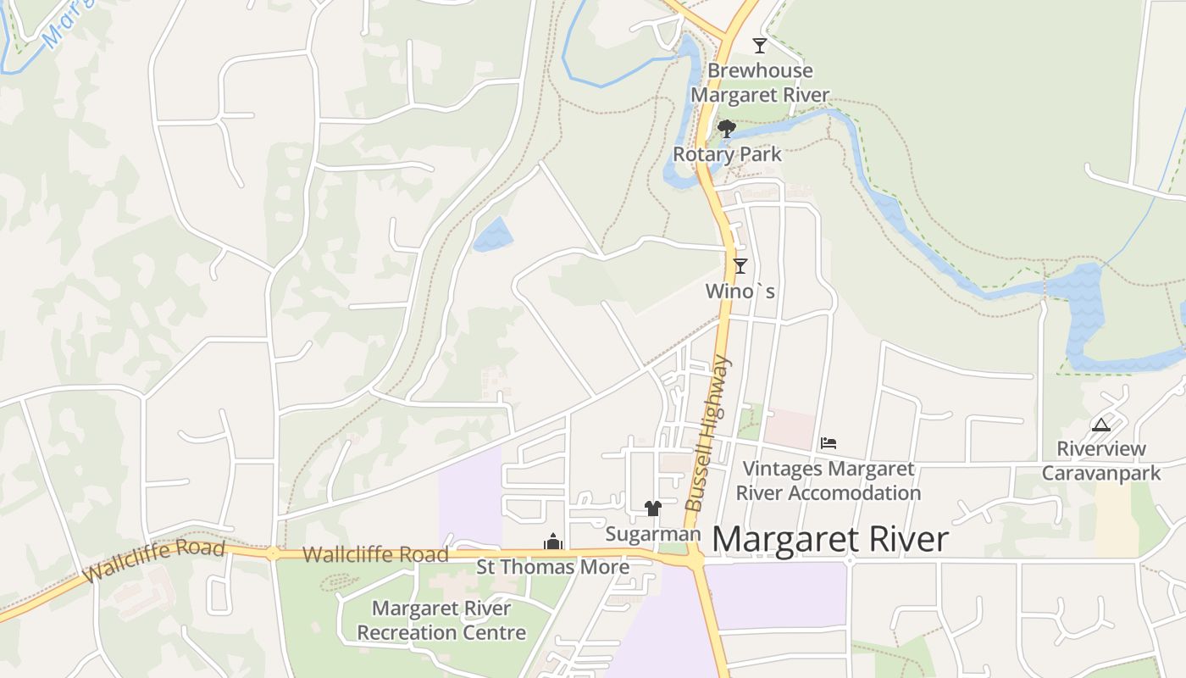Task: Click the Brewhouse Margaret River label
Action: pyautogui.click(x=760, y=83)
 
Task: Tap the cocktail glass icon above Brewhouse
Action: pyautogui.click(x=760, y=46)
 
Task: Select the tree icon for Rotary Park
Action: pyautogui.click(x=726, y=129)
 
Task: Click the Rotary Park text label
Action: pyautogui.click(x=727, y=154)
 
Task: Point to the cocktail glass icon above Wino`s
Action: pyautogui.click(x=740, y=266)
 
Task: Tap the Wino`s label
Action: pyautogui.click(x=740, y=292)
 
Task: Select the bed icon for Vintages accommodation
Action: pyautogui.click(x=829, y=442)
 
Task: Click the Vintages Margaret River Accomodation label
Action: pyautogui.click(x=828, y=481)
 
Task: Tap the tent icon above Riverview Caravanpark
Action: pyautogui.click(x=1100, y=425)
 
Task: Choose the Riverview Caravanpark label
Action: pyautogui.click(x=1100, y=461)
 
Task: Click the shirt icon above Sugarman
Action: pyautogui.click(x=652, y=508)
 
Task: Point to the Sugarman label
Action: pyautogui.click(x=653, y=534)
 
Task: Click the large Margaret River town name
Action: pyautogui.click(x=830, y=540)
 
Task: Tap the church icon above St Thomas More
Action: pyautogui.click(x=553, y=541)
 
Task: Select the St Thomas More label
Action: pyautogui.click(x=552, y=567)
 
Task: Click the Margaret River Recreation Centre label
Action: pyautogui.click(x=441, y=620)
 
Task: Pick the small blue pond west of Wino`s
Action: pyautogui.click(x=493, y=235)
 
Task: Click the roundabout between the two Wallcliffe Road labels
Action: pyautogui.click(x=273, y=554)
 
